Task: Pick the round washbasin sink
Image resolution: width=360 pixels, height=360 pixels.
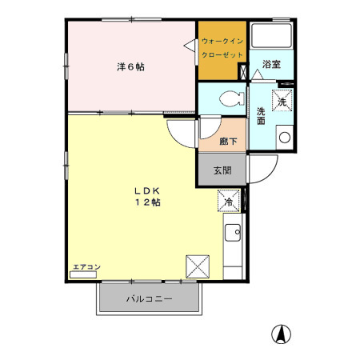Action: coord(283,137)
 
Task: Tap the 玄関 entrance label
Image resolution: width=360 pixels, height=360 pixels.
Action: coord(222,170)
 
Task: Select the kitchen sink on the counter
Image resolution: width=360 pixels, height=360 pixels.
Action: coord(234,233)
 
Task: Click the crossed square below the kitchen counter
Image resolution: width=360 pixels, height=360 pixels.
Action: coord(197,265)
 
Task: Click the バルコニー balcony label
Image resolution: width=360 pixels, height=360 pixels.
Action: coord(148,300)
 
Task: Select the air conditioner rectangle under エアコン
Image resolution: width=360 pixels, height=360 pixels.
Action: coord(82,274)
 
